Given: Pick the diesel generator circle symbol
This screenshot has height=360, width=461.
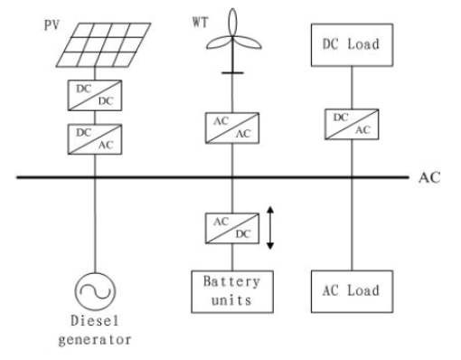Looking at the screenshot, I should point(93,291).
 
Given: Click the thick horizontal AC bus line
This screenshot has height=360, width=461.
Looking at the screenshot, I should point(208,178).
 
